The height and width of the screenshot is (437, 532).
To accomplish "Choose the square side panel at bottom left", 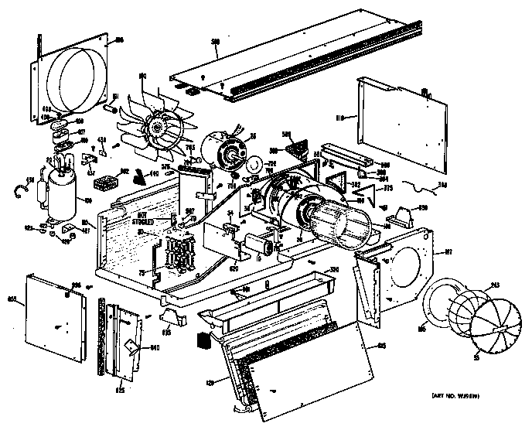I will click(x=56, y=317).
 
